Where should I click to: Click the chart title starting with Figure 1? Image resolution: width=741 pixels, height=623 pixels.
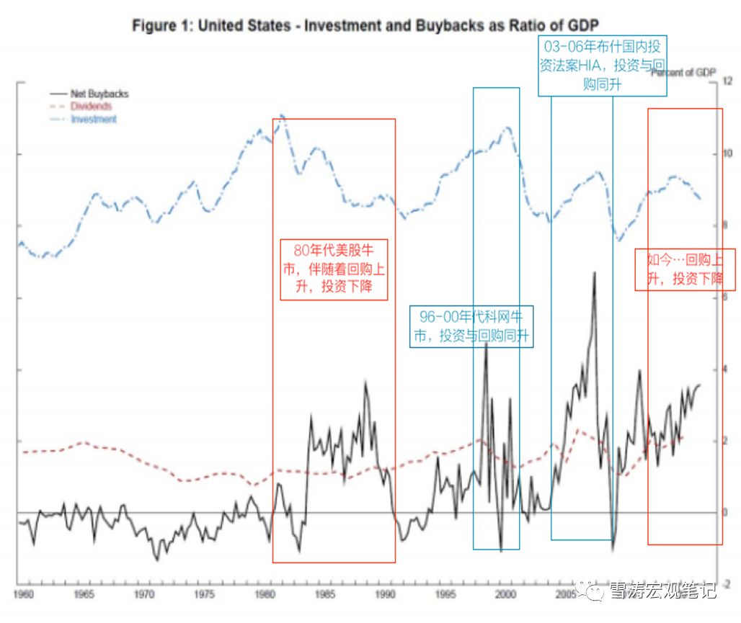[365, 26]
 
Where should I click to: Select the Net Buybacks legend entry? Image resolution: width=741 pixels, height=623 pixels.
[99, 94]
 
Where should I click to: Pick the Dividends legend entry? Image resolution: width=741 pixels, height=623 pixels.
[91, 107]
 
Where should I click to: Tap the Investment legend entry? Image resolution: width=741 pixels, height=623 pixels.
[94, 119]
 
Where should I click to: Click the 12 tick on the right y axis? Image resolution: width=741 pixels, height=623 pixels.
[728, 82]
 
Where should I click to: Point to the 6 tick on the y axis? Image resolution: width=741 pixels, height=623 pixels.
[726, 297]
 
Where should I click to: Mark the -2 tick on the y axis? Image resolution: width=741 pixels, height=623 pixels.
[727, 584]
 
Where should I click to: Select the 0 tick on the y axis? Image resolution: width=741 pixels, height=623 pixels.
[726, 512]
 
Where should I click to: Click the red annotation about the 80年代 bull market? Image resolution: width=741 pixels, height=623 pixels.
[334, 270]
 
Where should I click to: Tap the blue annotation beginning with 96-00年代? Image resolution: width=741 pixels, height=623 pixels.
[472, 326]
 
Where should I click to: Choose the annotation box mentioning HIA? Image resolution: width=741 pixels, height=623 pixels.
[603, 66]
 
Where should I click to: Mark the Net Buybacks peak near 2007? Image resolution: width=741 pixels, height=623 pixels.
[594, 272]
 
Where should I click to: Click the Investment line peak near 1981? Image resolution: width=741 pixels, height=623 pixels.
[282, 115]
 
